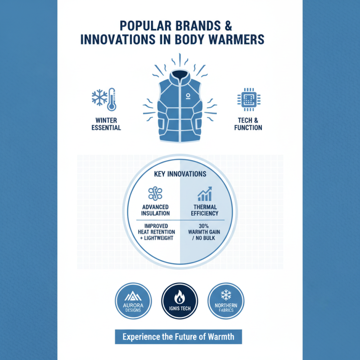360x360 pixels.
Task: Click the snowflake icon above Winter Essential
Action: pos(99,98)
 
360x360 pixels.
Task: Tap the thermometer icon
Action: pos(112,99)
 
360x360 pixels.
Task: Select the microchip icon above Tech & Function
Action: pos(249,99)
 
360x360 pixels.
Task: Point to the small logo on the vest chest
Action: pos(188,96)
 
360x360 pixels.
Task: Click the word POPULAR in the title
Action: pos(145,26)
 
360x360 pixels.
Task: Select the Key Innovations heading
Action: pos(180,174)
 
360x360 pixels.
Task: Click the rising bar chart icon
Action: pos(205,194)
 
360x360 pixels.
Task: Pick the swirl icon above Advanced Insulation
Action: pos(155,193)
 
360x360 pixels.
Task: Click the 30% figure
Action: pos(204,226)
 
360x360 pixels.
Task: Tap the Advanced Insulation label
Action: pos(155,210)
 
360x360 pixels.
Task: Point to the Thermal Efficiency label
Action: pos(205,210)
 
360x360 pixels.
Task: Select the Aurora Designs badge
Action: pos(133,301)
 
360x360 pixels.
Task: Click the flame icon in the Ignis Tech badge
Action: pos(180,297)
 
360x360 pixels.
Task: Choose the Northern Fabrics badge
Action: pos(226,301)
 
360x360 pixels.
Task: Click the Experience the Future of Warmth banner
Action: pos(178,337)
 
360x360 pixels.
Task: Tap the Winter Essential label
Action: pos(106,124)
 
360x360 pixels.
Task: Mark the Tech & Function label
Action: pos(248,124)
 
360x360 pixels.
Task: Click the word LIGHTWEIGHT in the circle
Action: pos(158,238)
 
